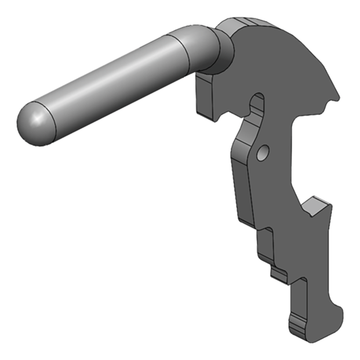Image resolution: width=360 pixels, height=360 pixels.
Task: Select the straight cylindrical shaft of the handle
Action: (x=112, y=90)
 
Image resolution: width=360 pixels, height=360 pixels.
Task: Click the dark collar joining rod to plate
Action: (x=222, y=52)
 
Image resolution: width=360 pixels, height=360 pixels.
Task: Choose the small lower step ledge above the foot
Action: (x=279, y=271)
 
